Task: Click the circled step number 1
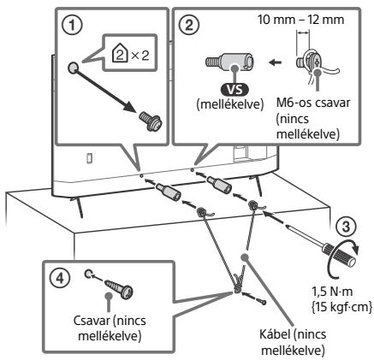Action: pyautogui.click(x=72, y=25)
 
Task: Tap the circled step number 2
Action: pyautogui.click(x=189, y=25)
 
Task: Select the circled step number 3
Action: pyautogui.click(x=346, y=227)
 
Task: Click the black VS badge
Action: pyautogui.click(x=234, y=90)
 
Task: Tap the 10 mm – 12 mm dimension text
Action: pyautogui.click(x=300, y=20)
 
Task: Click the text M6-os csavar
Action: pyautogui.click(x=313, y=103)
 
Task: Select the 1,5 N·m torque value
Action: pyautogui.click(x=332, y=292)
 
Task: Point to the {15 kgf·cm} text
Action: pyautogui.click(x=341, y=307)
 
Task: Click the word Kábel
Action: pyautogui.click(x=275, y=334)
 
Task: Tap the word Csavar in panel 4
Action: pyautogui.click(x=92, y=321)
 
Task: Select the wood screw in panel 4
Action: pyautogui.click(x=119, y=288)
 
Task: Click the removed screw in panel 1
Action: pyautogui.click(x=151, y=121)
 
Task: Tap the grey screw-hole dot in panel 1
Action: pyautogui.click(x=73, y=68)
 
